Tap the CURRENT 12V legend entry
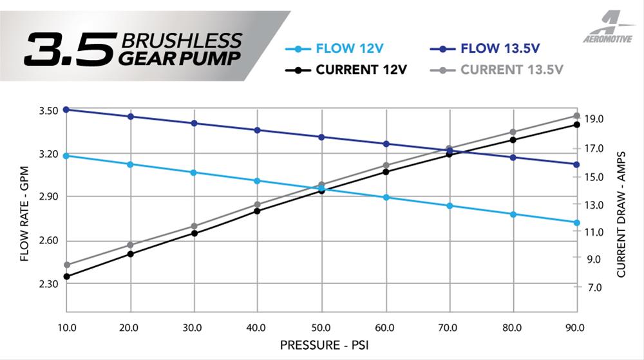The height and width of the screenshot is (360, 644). tap(351, 70)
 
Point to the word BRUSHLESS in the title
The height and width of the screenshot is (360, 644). tap(180, 40)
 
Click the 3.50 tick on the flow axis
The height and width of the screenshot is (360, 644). tap(49, 110)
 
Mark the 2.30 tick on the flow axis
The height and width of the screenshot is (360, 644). tap(49, 284)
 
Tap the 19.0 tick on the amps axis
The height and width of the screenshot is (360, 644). tap(594, 119)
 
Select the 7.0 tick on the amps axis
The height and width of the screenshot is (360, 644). tap(594, 287)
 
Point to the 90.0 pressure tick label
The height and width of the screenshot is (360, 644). tap(574, 328)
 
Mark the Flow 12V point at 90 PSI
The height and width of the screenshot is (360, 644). tap(577, 223)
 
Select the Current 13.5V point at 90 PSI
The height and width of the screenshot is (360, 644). tap(577, 116)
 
